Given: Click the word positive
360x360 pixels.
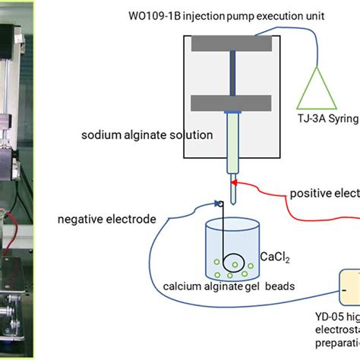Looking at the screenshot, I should [309, 194].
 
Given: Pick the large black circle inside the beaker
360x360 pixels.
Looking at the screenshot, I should [233, 263].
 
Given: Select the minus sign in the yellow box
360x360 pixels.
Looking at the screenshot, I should [345, 289].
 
